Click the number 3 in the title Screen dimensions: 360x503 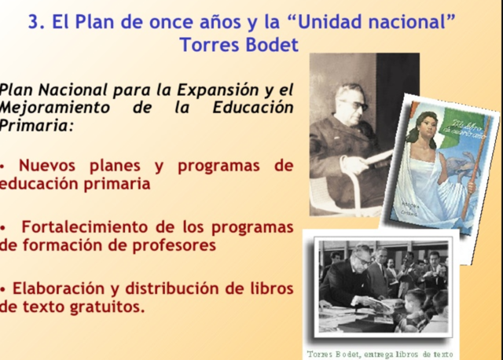coord(34,21)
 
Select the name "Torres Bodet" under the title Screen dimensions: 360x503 coord(239,45)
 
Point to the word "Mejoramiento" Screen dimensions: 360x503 coord(55,107)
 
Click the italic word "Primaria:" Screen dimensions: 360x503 coord(36,125)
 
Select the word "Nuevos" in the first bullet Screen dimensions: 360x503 coord(53,166)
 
